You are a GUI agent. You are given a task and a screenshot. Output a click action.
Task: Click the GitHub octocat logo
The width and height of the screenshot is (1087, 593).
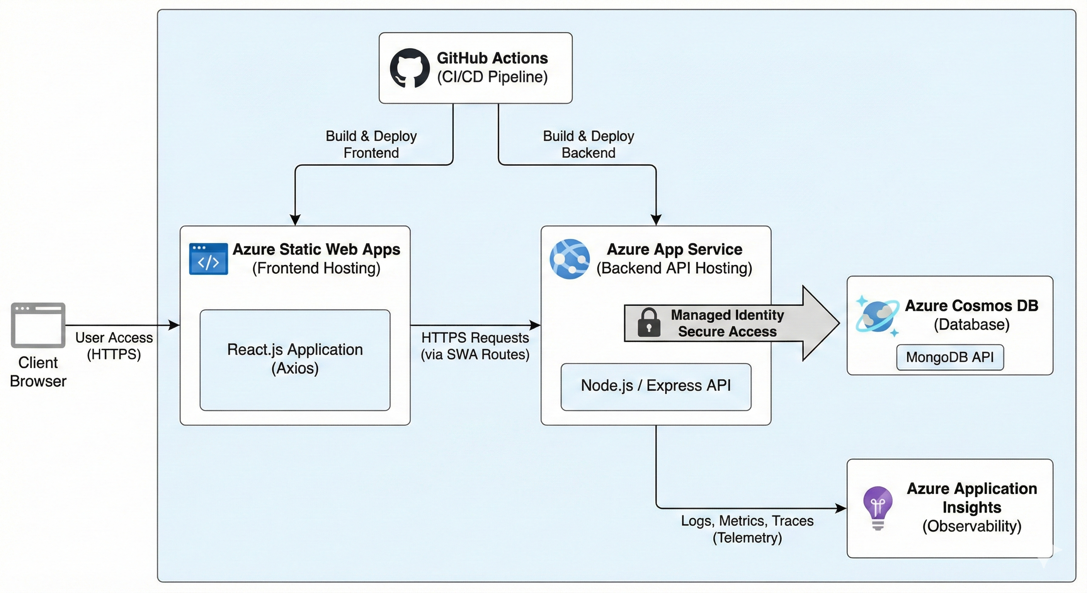click(409, 68)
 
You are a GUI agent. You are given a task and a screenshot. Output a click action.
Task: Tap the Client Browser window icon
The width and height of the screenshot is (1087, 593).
click(38, 325)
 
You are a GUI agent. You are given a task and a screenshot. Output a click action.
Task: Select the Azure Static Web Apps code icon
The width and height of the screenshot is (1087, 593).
click(208, 259)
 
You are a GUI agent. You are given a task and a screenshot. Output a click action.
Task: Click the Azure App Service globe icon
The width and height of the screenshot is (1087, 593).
click(570, 259)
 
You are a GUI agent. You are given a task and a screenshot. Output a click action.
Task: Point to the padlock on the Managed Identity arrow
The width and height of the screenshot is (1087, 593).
click(649, 322)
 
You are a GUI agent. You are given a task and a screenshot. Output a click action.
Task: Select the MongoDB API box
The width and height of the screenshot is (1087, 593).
click(950, 357)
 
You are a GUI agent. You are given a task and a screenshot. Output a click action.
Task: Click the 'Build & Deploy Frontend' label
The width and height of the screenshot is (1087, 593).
click(371, 144)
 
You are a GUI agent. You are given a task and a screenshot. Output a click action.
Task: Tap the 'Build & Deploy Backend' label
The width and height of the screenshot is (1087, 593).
click(588, 144)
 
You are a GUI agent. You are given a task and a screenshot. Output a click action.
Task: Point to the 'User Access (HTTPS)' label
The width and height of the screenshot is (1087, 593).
click(114, 346)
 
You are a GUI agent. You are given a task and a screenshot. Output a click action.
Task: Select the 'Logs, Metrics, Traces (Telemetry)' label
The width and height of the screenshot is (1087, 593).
click(747, 529)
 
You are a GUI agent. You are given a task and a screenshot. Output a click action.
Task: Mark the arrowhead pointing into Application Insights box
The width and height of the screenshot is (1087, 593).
click(841, 508)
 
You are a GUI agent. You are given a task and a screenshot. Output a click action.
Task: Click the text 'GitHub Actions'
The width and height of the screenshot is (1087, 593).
click(492, 58)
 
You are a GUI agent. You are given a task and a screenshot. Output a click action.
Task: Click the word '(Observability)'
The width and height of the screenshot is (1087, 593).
click(971, 526)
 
